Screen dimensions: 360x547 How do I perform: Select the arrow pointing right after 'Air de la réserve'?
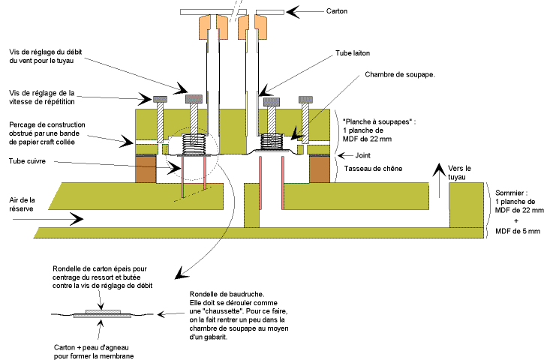click(x=71, y=218)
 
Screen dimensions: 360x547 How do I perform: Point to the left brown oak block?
click(x=145, y=169)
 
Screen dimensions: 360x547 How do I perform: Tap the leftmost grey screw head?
click(x=159, y=99)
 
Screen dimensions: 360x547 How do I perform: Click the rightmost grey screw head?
click(x=306, y=99)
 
